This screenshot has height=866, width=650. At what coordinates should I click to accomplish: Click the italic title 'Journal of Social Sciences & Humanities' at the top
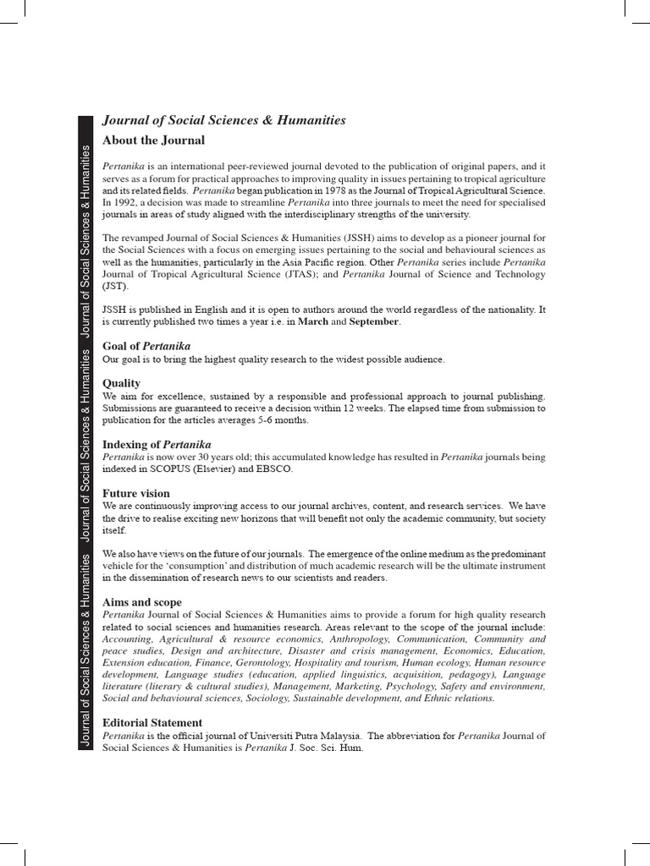click(x=223, y=120)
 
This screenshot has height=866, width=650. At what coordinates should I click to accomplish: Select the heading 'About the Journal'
click(x=153, y=140)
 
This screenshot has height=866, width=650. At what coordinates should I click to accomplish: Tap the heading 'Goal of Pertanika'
click(x=146, y=346)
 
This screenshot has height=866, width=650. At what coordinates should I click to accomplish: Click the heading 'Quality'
click(x=121, y=383)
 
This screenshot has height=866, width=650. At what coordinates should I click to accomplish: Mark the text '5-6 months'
click(x=283, y=420)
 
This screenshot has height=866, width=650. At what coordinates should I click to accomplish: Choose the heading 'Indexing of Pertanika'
click(x=157, y=444)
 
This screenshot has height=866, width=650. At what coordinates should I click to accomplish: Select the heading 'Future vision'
click(x=135, y=493)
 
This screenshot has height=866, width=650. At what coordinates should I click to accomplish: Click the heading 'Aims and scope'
click(x=141, y=601)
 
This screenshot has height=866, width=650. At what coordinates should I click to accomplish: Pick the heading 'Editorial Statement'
click(x=152, y=723)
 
